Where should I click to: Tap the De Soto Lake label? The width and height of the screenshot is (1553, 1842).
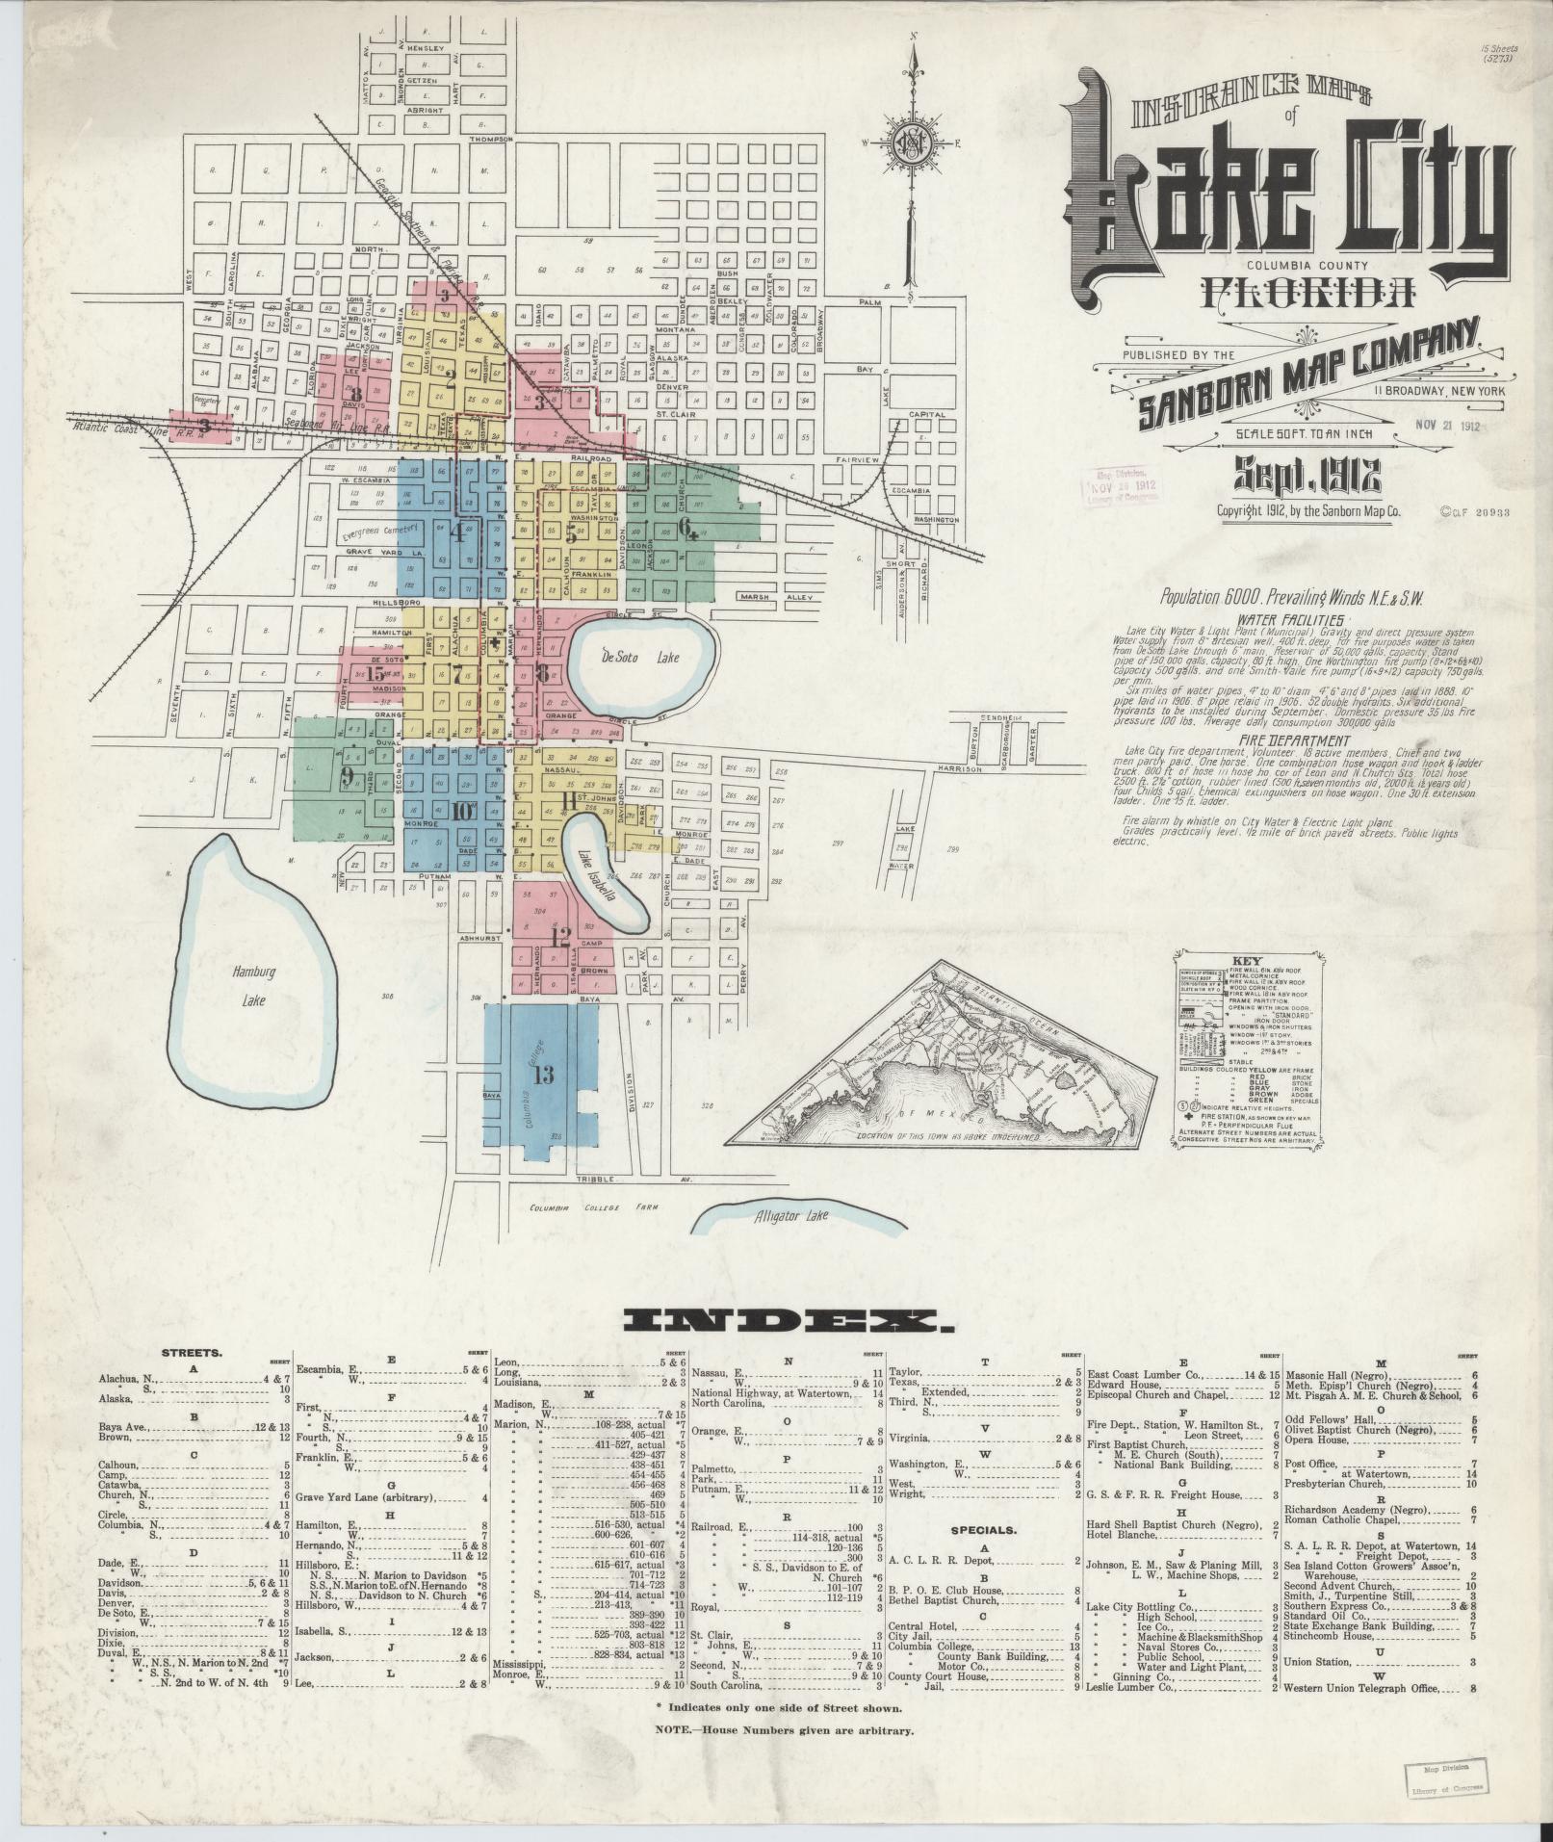tap(641, 658)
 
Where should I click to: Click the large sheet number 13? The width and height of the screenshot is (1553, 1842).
tap(543, 1076)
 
